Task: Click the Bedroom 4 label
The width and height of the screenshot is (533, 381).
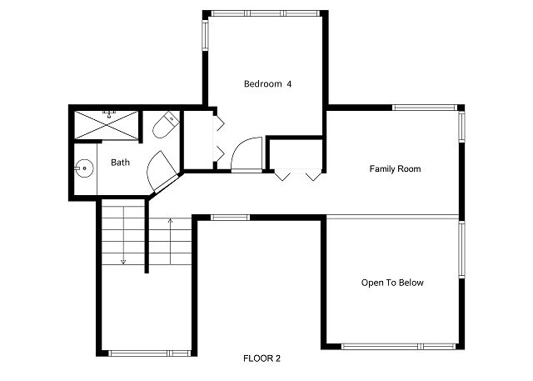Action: [x=267, y=83]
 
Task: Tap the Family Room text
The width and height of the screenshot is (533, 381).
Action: [x=395, y=168]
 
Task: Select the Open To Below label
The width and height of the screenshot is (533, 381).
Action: [x=392, y=283]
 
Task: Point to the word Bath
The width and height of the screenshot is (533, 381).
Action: [x=120, y=163]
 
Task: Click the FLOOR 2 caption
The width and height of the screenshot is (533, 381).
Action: [x=262, y=358]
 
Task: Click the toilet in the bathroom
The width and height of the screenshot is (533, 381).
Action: [x=166, y=125]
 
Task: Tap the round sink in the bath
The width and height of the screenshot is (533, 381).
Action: [x=83, y=168]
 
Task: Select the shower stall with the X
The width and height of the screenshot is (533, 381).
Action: [x=107, y=125]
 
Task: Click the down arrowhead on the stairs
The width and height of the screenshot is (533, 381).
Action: [x=123, y=262]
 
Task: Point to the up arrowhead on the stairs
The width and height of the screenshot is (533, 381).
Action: [x=170, y=220]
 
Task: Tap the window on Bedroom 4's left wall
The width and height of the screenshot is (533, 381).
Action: [x=206, y=35]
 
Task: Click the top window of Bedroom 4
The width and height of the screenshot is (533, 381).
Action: [x=266, y=13]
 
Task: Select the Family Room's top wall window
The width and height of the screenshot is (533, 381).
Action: [x=425, y=108]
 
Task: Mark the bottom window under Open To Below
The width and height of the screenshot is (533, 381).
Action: [x=398, y=347]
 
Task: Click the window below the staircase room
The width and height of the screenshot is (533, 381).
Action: [x=150, y=353]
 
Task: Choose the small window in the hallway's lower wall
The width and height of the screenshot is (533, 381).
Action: [x=230, y=218]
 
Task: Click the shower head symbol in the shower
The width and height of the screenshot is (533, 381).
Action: [x=109, y=113]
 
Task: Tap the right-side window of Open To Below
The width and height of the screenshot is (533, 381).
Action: [x=461, y=249]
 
